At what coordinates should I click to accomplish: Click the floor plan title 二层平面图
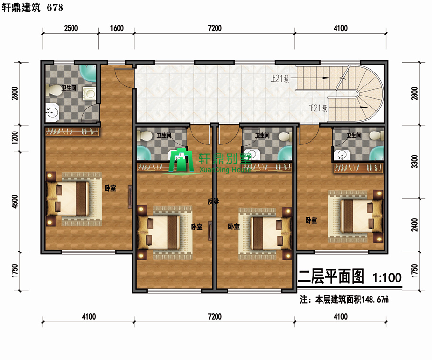[331, 277]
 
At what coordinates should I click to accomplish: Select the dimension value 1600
[116, 28]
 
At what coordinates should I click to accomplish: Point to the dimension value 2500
[71, 28]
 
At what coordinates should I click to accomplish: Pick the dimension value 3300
[415, 161]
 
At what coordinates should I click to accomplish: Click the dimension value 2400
[415, 224]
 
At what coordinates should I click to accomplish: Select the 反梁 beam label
[213, 202]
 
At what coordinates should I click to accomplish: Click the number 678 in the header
[55, 7]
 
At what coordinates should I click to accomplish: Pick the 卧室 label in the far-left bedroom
[110, 188]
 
